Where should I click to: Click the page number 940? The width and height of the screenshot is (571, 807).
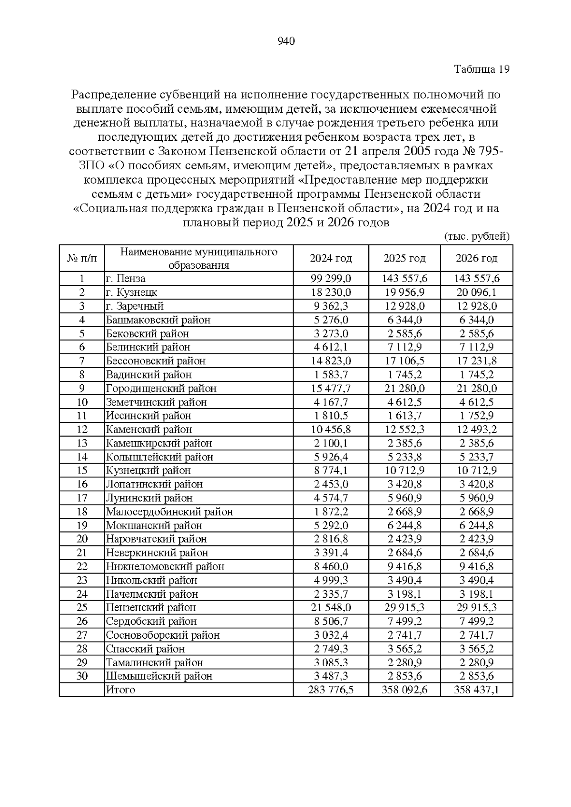coord(286,41)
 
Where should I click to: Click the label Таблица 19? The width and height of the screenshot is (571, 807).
coord(482,69)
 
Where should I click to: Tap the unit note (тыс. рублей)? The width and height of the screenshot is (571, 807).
coord(477,236)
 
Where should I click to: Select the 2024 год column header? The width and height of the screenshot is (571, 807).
coord(331,258)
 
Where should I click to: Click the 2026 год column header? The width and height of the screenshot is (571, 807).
coord(476,258)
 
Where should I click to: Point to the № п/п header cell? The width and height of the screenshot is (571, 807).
coord(82,258)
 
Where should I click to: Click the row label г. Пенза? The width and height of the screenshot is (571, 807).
coord(126,279)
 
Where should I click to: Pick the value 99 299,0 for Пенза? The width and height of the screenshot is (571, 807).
coord(331,279)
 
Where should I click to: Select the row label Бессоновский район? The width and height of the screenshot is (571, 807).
coord(156,361)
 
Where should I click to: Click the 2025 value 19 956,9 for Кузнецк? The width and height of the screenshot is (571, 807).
coord(404,292)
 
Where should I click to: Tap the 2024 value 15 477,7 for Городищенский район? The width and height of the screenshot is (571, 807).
coord(331,389)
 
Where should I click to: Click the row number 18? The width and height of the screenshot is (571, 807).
coord(82,512)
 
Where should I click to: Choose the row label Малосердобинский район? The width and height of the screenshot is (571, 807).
coord(169,512)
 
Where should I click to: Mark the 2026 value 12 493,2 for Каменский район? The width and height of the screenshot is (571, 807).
coord(476,429)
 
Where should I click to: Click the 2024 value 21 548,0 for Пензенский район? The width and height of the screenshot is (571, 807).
coord(331,608)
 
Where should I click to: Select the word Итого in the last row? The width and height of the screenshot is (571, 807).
coord(120,690)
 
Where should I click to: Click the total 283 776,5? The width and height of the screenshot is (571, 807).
coord(331,690)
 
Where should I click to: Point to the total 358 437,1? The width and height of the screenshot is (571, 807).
coord(476,690)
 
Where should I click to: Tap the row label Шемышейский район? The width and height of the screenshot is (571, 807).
coord(159,676)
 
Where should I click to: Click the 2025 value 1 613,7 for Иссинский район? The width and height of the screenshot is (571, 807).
coord(404,416)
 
